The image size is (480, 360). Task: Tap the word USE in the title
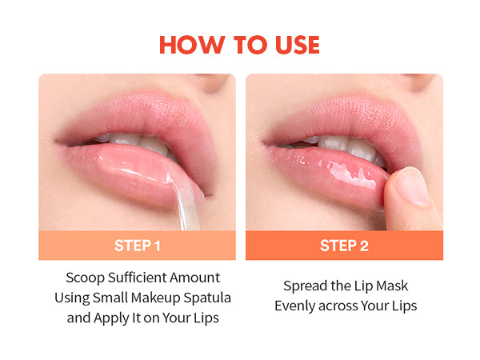298,45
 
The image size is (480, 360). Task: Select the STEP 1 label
137,246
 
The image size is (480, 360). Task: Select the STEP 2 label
344,246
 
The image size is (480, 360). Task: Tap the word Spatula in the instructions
207,298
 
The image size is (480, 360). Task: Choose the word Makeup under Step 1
155,298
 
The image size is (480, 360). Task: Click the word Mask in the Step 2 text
392,286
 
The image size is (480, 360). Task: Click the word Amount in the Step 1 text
195,278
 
